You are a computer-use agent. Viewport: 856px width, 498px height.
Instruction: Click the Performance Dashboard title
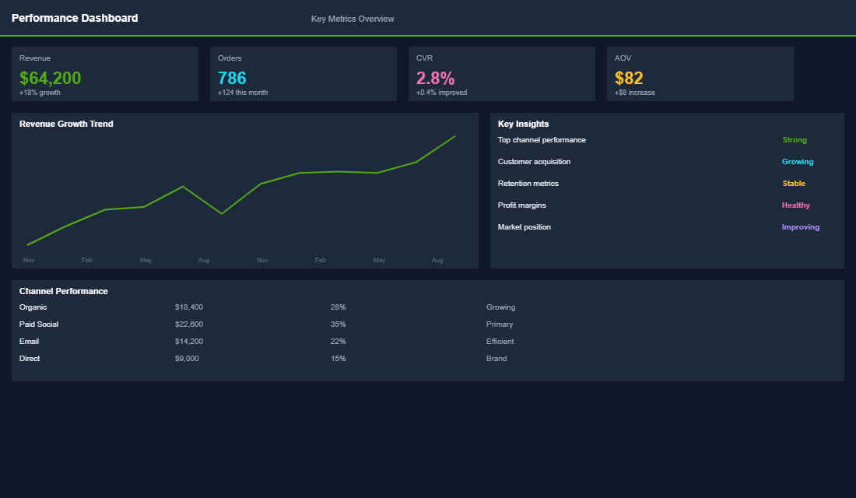[x=75, y=18]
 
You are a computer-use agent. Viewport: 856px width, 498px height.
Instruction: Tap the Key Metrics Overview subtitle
[x=353, y=19]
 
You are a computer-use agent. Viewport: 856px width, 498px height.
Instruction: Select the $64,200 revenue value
[x=50, y=78]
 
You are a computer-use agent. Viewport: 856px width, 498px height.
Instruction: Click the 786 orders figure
[x=232, y=78]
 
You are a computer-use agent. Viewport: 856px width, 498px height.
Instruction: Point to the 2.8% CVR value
[x=435, y=78]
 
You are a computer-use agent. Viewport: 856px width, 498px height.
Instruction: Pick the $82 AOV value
[x=629, y=78]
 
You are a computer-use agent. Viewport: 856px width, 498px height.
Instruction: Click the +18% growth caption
[x=40, y=93]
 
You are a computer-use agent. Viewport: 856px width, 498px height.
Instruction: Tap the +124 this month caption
[x=243, y=93]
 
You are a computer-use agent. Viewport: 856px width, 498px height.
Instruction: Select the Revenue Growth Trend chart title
[x=66, y=124]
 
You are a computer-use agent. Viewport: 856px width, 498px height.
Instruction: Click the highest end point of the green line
[x=455, y=136]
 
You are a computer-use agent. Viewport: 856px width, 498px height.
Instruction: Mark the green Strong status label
[x=795, y=140]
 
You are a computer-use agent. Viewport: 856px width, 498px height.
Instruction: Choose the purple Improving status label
[x=800, y=227]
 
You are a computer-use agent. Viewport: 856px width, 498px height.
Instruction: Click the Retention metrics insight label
[x=528, y=184]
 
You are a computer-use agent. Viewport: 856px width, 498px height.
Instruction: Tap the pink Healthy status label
[x=795, y=205]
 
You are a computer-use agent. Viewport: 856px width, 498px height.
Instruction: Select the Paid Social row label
[x=39, y=324]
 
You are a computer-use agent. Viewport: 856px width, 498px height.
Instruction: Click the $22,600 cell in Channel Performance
[x=189, y=324]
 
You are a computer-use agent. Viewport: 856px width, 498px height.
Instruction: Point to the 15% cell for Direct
[x=338, y=359]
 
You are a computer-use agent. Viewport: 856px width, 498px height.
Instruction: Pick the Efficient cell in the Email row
[x=500, y=342]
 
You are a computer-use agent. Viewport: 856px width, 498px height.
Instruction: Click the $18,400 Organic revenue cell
[x=189, y=307]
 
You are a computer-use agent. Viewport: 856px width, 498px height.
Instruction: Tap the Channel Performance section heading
[x=63, y=291]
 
